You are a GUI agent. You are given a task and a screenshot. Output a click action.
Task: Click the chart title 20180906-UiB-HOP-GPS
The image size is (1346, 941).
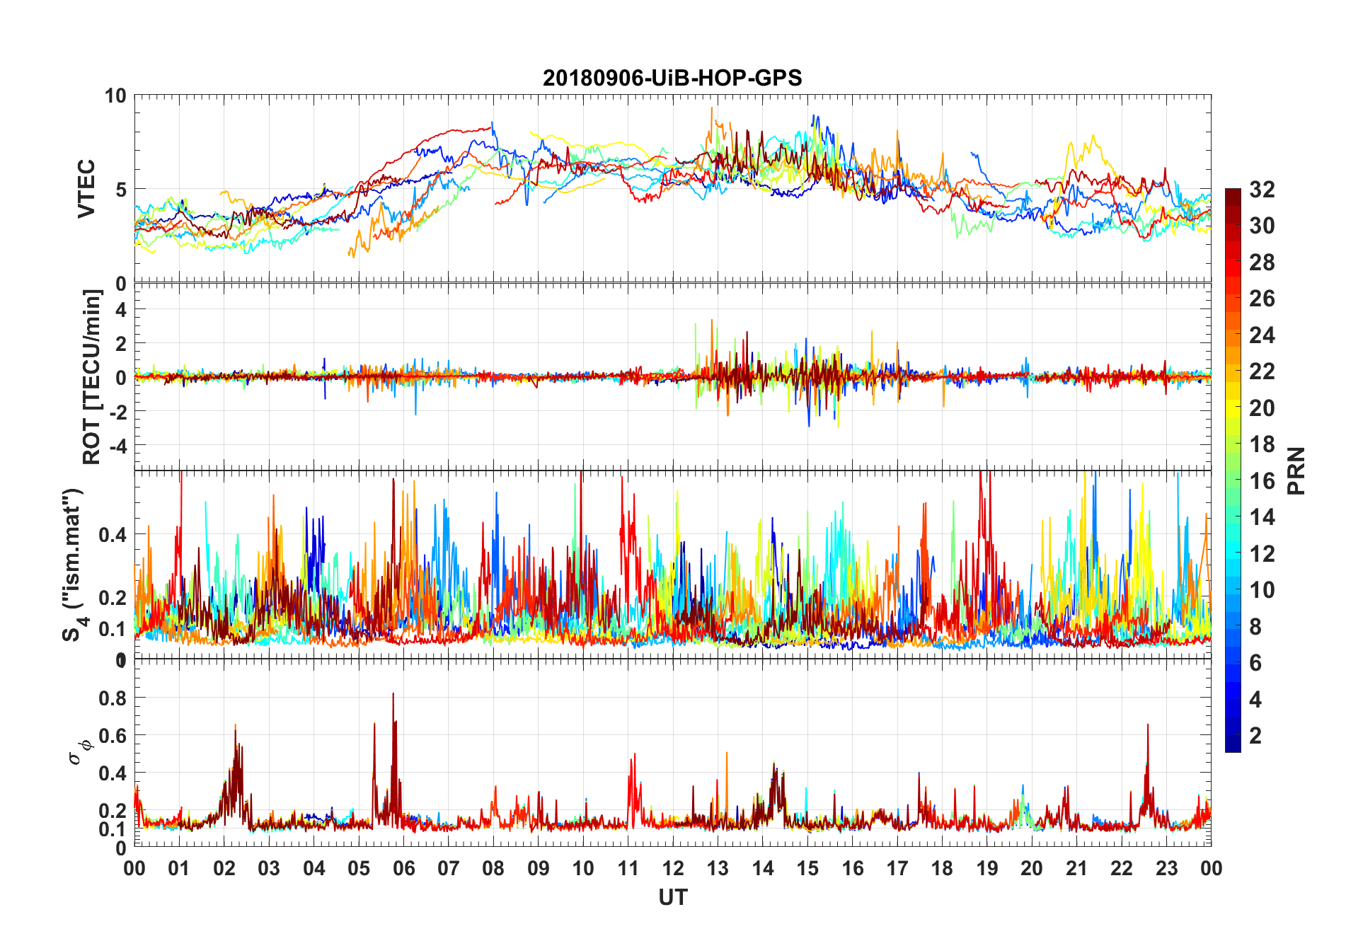(x=672, y=77)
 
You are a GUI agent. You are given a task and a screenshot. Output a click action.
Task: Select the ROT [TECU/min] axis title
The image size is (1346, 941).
(x=92, y=376)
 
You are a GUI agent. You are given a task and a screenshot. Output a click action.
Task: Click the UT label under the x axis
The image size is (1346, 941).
(x=672, y=897)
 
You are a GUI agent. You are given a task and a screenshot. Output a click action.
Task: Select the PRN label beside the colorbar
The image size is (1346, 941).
(x=1296, y=470)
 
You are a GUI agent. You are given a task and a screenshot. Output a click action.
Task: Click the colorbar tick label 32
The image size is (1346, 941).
(x=1262, y=190)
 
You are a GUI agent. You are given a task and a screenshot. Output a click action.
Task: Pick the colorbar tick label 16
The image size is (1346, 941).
(x=1262, y=481)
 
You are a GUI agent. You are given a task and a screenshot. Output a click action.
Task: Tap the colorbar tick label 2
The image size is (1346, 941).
(x=1255, y=736)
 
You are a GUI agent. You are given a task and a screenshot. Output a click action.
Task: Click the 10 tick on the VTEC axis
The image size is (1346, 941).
(x=115, y=96)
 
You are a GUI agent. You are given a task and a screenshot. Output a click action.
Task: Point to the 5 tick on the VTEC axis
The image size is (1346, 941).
(x=120, y=190)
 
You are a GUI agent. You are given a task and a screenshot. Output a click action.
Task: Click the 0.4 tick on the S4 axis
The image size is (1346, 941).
(x=113, y=534)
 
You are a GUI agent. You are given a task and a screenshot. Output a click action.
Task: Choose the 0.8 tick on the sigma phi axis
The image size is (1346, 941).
(x=113, y=698)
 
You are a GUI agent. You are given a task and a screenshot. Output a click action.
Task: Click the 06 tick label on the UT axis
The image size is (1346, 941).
(x=403, y=868)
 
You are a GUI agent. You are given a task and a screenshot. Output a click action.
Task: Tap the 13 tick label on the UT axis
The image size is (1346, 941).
(x=718, y=868)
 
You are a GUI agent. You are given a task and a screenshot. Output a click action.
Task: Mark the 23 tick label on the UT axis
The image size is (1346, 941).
(x=1166, y=868)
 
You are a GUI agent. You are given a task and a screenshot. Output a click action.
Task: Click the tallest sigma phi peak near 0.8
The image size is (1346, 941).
(x=393, y=695)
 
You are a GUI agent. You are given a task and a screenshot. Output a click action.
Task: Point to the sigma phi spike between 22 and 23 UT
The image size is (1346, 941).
(x=1147, y=726)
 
